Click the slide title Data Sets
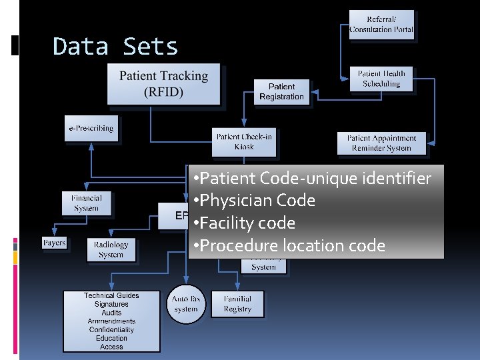click(115, 47)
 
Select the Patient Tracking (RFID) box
click(163, 84)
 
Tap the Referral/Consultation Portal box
click(381, 25)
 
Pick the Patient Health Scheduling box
click(381, 79)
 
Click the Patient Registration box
click(281, 91)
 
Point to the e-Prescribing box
click(91, 128)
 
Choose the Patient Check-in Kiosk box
click(244, 141)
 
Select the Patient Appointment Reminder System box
click(381, 143)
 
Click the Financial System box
click(86, 203)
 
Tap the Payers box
click(54, 243)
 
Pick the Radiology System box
click(111, 249)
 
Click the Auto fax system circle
click(185, 304)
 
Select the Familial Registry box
click(237, 304)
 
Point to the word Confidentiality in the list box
click(111, 329)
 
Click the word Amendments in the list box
click(111, 321)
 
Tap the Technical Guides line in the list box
click(111, 295)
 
